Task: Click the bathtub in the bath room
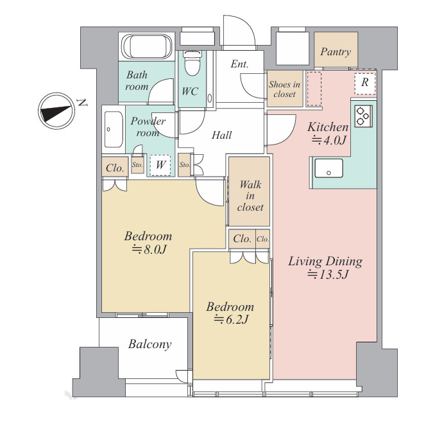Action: point(147,46)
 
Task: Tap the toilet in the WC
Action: point(192,63)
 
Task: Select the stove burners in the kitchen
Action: point(363,116)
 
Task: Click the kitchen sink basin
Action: point(328,168)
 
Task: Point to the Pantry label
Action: point(336,51)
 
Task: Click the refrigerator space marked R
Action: point(365,83)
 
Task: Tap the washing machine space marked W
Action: point(160,165)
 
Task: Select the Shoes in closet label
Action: point(284,89)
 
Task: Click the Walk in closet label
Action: point(250,196)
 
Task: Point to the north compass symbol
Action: point(56,111)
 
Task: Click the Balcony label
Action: point(150,344)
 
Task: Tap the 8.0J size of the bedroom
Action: point(149,249)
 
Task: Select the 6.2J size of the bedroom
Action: point(231,319)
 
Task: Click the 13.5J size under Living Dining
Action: point(328,274)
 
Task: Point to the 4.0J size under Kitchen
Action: point(329,140)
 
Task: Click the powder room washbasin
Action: point(114,129)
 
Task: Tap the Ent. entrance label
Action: point(240,64)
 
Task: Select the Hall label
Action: point(222,136)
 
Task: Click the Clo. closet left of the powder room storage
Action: point(115,168)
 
